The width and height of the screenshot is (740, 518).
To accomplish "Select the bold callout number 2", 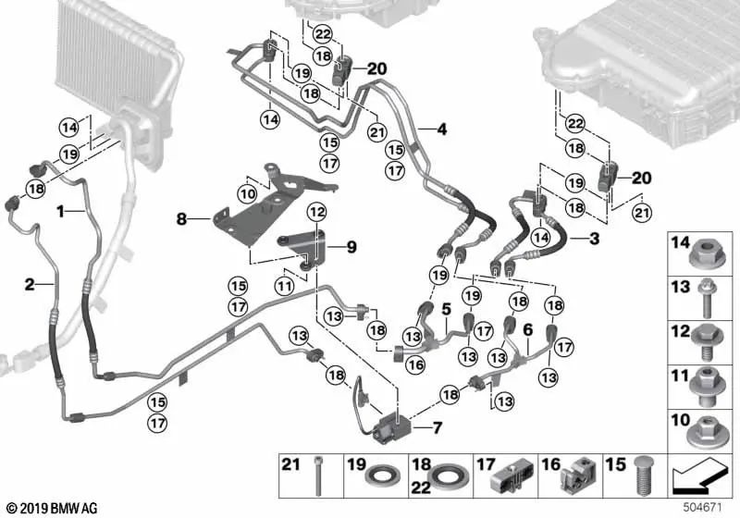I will (29, 284).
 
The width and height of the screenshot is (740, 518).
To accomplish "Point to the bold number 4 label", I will (441, 129).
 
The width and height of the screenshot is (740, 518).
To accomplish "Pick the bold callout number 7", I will (438, 427).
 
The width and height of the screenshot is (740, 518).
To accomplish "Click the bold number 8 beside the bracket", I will (182, 219).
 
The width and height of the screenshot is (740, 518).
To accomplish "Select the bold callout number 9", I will (351, 247).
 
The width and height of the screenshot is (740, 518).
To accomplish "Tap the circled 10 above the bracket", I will (246, 193).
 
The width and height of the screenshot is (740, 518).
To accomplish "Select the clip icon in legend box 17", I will (507, 479).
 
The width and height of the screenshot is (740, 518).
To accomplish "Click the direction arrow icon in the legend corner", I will (699, 478).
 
